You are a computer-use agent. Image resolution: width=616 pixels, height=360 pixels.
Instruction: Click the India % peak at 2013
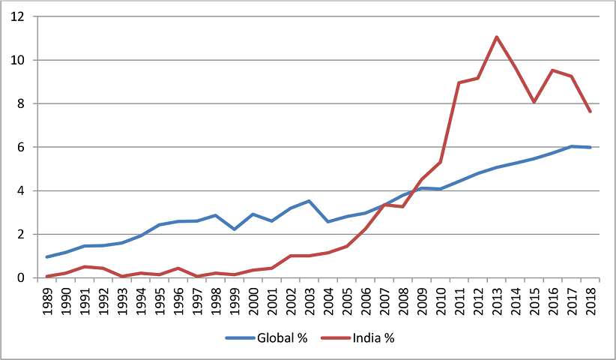click(x=496, y=37)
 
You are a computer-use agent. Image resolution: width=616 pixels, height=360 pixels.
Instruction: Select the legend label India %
click(x=372, y=338)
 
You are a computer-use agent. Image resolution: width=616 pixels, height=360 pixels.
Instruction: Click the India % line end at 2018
click(x=591, y=112)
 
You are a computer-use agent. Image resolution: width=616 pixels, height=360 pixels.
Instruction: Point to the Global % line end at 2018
click(x=591, y=147)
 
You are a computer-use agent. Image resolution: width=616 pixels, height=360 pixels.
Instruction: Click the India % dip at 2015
click(x=534, y=102)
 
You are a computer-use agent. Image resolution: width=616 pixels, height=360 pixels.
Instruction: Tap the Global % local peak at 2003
click(x=309, y=201)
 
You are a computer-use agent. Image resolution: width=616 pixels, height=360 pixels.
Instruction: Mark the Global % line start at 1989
click(x=47, y=257)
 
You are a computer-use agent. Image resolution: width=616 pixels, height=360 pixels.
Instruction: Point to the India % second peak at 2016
click(x=553, y=70)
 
